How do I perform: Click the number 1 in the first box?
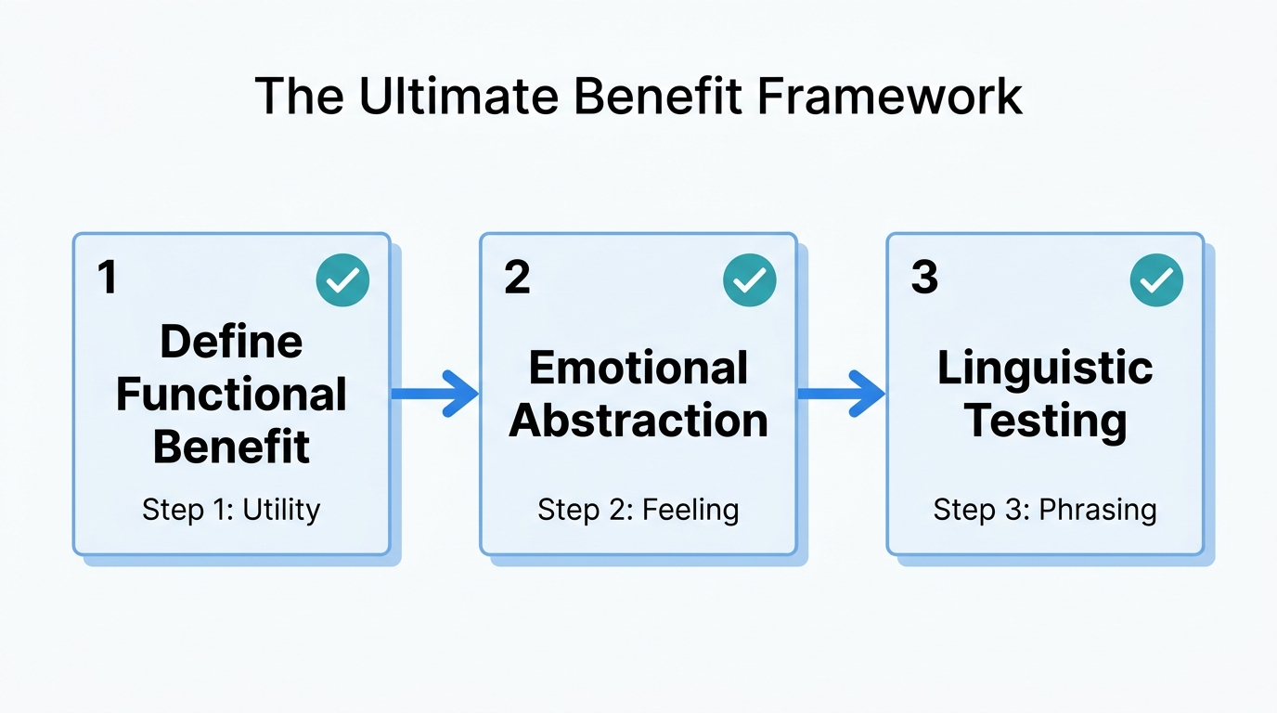109,278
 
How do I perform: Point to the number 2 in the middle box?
517,278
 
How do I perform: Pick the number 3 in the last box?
924,278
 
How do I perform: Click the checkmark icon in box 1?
342,280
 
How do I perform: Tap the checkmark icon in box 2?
749,280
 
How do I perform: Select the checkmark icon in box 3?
1156,280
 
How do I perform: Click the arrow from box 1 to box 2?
433,394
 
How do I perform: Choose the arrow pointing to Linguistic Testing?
841,394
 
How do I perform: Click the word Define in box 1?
231,342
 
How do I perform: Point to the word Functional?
231,395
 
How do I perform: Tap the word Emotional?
638,368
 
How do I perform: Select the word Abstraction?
638,421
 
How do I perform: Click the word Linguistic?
1045,368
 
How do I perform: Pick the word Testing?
1045,421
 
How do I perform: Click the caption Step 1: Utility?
231,510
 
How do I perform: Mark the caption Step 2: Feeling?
638,510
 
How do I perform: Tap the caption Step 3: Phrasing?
1045,510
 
